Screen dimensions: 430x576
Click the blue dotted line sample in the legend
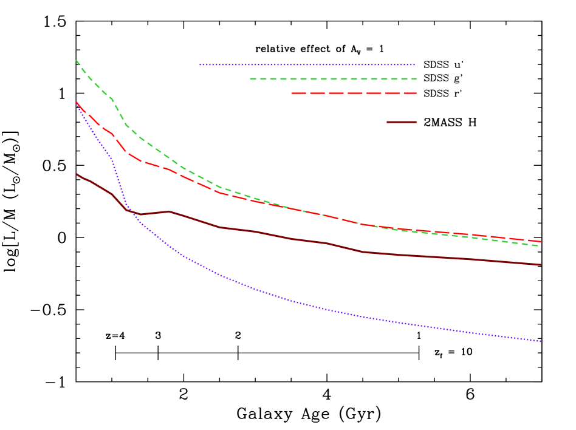coord(307,64)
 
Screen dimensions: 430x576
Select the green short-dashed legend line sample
coord(333,78)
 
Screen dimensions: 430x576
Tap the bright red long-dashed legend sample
coord(354,93)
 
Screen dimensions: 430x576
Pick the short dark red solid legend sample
coord(402,122)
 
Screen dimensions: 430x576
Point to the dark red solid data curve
coord(292,239)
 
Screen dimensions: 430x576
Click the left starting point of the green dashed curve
coord(76,60)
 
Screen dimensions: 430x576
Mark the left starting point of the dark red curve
coord(77,174)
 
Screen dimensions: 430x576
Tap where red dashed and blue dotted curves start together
coord(77,103)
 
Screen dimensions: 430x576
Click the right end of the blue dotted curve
coord(541,341)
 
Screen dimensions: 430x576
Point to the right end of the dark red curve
coord(541,265)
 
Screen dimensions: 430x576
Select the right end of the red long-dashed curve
coord(541,242)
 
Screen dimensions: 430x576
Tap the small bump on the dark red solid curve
coord(169,211)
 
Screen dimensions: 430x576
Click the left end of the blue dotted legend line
coord(200,64)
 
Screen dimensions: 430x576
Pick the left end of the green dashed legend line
coord(250,78)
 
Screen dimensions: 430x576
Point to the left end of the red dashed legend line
coord(292,93)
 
